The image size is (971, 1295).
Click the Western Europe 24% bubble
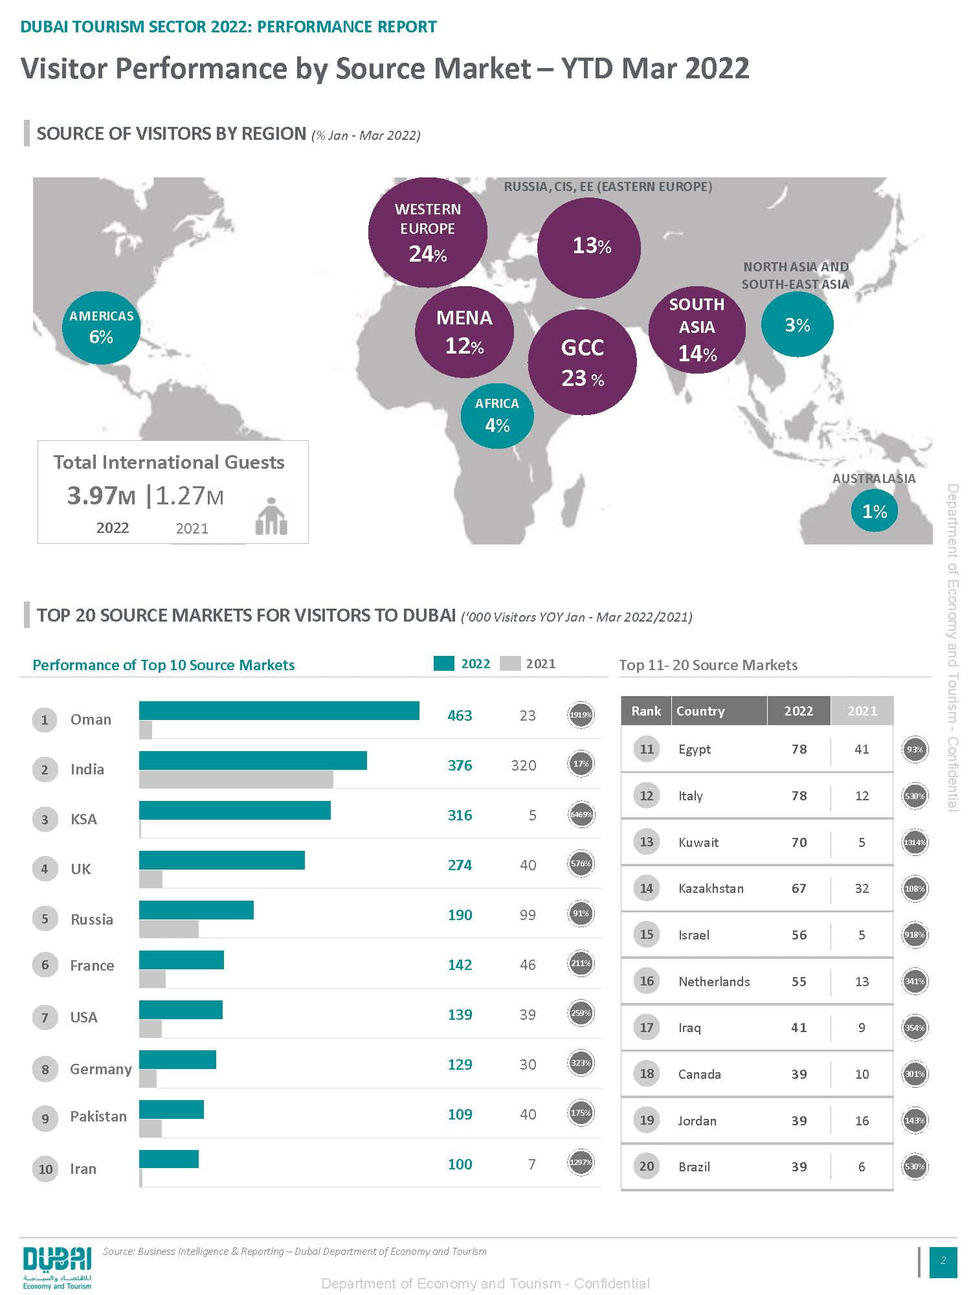coord(427,232)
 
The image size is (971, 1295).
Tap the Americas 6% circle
coord(101,327)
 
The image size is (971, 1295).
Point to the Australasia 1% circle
coord(874,511)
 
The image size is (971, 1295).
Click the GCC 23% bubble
coord(582,363)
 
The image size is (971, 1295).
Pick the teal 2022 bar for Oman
coord(279,710)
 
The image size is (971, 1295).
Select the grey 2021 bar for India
coord(236,779)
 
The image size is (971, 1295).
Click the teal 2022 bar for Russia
coord(196,910)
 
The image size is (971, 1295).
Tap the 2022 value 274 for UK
coord(460,865)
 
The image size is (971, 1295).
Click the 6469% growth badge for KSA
coord(581,814)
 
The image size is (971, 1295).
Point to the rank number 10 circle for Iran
coord(45,1169)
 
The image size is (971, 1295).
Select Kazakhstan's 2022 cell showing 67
coord(799,888)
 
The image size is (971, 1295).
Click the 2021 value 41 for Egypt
coord(862,749)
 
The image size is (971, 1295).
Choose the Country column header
coord(700,711)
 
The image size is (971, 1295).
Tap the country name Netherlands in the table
coord(714,982)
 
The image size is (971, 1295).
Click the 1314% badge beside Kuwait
coord(915,842)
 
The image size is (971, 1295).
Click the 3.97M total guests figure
coord(102,496)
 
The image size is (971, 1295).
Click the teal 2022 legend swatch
coord(443,664)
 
